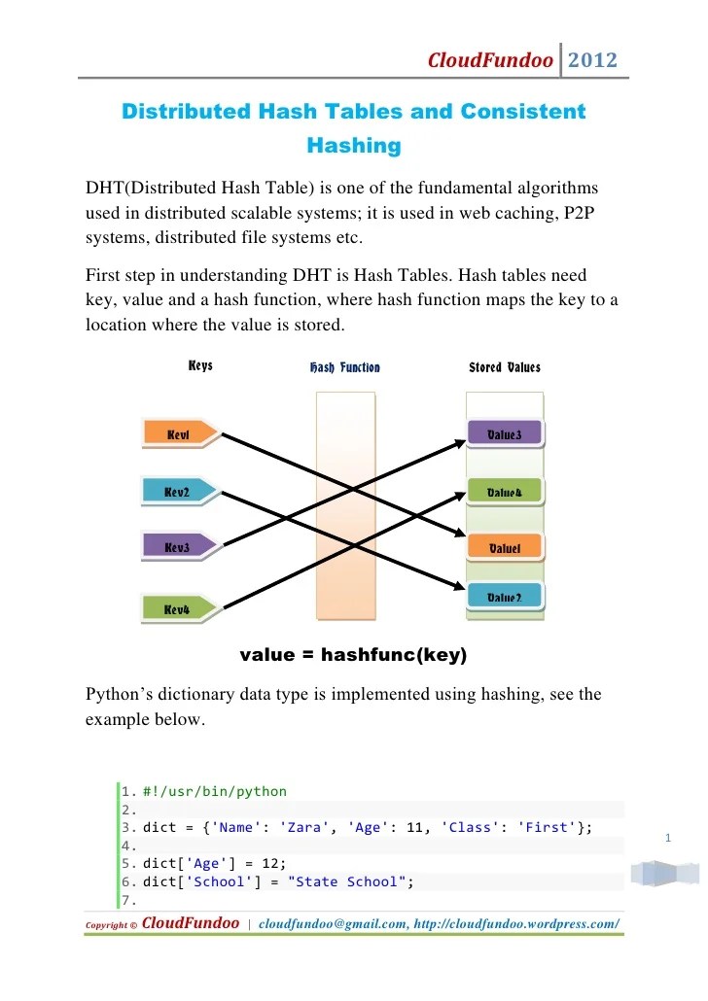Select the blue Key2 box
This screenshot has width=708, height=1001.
click(178, 493)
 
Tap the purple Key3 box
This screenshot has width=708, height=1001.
click(178, 547)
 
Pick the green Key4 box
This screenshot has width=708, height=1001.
click(178, 608)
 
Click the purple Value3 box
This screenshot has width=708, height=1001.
click(504, 434)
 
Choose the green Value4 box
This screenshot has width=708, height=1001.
click(504, 493)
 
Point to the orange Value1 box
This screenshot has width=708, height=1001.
click(504, 548)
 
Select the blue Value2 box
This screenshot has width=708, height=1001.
click(504, 597)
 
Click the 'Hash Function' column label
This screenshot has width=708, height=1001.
click(344, 367)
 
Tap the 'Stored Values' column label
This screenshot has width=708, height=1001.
click(504, 367)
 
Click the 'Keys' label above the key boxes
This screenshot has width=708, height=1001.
click(200, 366)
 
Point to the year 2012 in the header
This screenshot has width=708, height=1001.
click(592, 61)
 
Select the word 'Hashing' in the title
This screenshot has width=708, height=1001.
click(354, 147)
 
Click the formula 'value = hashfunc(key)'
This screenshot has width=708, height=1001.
click(353, 655)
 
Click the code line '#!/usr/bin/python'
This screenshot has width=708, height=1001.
click(215, 792)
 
